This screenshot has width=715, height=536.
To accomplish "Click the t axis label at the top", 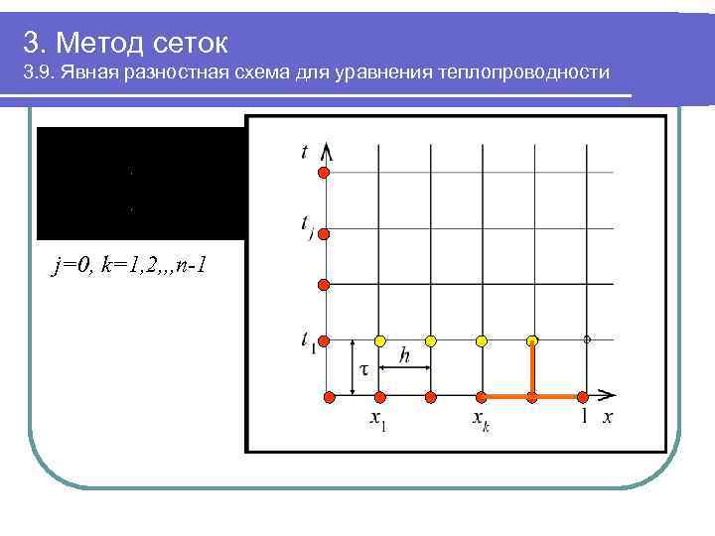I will (x=304, y=152).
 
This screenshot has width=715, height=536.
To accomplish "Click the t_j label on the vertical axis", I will (x=306, y=226).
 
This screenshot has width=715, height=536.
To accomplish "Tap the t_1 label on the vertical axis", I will (x=307, y=340).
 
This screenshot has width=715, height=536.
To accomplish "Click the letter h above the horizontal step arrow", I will (x=404, y=354).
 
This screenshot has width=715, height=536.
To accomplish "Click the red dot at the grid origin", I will (x=329, y=397).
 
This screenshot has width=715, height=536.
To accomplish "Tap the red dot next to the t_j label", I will (x=324, y=233).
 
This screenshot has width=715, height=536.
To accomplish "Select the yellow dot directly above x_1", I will (x=379, y=340).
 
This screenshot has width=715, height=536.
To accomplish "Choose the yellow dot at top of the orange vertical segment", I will (x=533, y=340).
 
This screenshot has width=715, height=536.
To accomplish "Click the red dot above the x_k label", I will (x=482, y=397).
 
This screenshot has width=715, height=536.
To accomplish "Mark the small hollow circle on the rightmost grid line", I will (x=587, y=339).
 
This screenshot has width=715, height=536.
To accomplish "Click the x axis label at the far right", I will (x=607, y=417).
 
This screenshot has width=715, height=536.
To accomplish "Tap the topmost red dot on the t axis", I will (x=324, y=175).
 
